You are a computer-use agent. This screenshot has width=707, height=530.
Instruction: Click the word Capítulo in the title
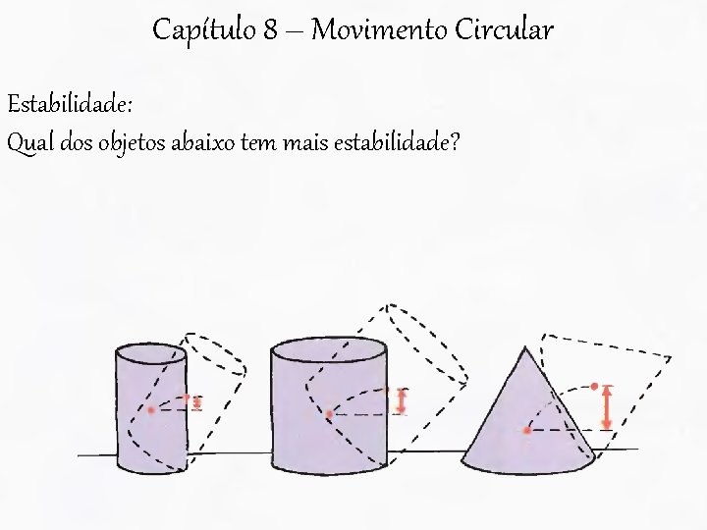(x=203, y=31)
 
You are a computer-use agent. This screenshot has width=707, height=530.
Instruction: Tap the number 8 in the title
(x=270, y=31)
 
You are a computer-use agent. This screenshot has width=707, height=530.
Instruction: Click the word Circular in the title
(x=504, y=31)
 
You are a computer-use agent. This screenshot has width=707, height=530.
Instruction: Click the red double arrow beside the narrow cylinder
(x=197, y=401)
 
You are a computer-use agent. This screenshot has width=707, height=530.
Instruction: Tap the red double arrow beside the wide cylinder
(x=401, y=400)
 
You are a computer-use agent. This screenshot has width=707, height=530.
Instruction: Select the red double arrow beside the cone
(x=607, y=406)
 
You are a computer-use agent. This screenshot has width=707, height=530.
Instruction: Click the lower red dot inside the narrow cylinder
(x=151, y=409)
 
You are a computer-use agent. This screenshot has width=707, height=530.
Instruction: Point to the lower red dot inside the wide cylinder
(x=329, y=414)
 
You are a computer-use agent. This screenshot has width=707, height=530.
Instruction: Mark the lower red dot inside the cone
(x=527, y=430)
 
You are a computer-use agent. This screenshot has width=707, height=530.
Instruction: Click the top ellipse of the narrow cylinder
(x=151, y=353)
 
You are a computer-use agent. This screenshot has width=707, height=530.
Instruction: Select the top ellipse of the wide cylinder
(x=328, y=348)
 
